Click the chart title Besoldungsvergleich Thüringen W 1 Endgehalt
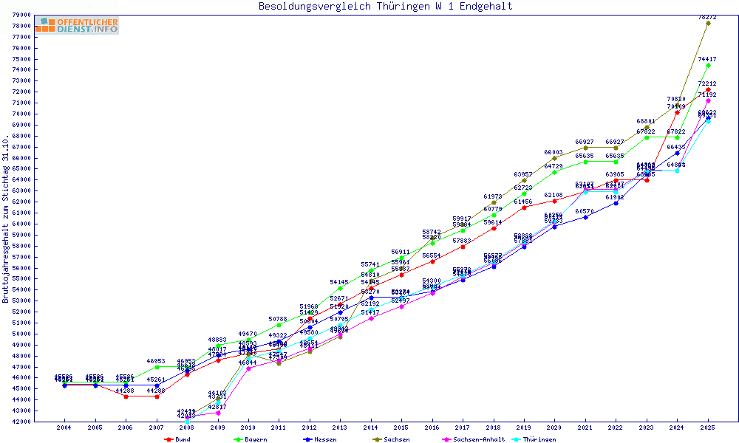click(385, 7)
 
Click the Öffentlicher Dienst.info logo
click(76, 26)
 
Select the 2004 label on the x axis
click(64, 427)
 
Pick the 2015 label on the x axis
click(401, 427)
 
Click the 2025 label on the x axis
click(708, 427)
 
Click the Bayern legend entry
click(252, 439)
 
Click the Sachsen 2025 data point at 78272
click(708, 23)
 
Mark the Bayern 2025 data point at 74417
click(708, 65)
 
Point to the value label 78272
click(707, 17)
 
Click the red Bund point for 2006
click(126, 396)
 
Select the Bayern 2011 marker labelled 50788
click(279, 325)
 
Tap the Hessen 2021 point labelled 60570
click(585, 217)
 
